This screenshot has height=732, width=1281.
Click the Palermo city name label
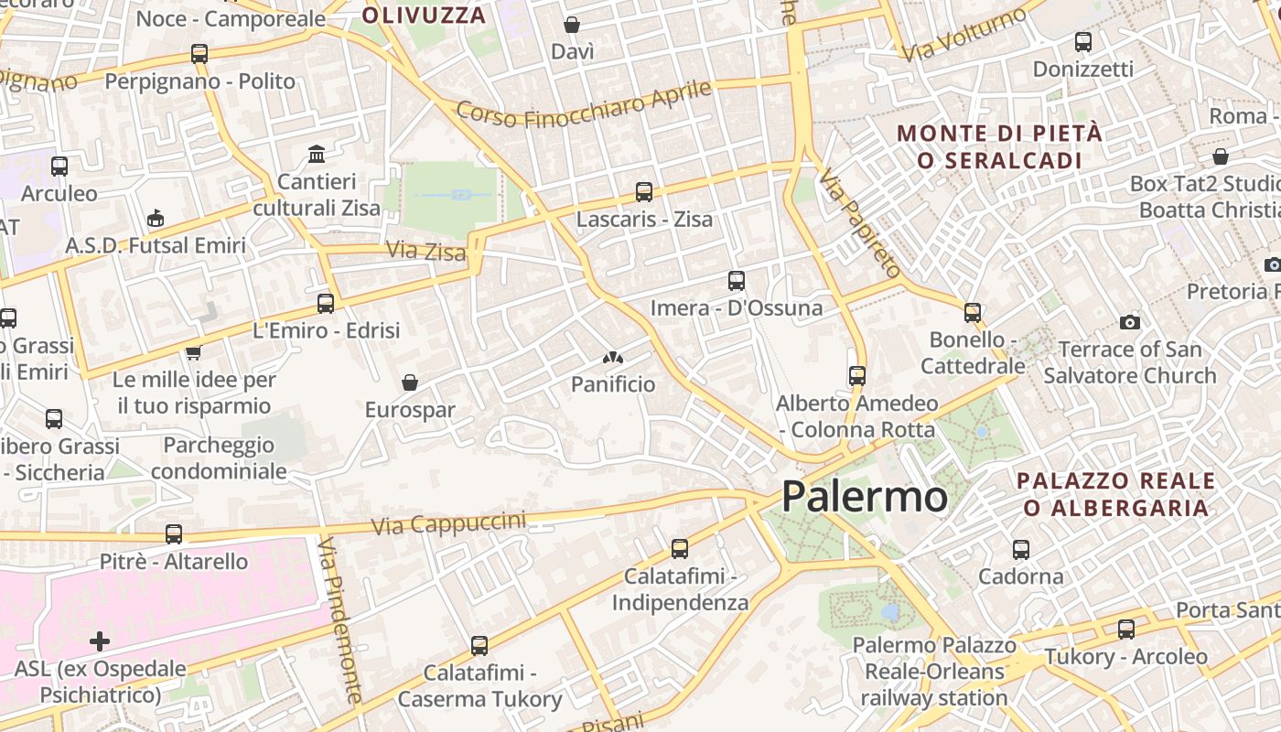coord(865,497)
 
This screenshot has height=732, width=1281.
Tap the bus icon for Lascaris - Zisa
coord(644,192)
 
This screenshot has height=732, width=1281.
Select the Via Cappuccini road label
coord(449,523)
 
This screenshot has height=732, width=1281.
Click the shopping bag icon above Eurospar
coord(410,382)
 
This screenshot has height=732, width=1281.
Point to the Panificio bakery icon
coord(612,358)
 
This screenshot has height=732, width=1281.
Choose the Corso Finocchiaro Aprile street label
coord(584,103)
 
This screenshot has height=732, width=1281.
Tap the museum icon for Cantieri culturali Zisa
coord(317,153)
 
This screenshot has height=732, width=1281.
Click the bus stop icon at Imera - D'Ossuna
coord(737,281)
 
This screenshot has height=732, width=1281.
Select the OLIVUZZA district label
coord(424,16)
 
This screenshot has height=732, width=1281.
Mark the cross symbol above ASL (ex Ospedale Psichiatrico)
coord(100,641)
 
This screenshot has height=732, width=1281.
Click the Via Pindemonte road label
coord(342,619)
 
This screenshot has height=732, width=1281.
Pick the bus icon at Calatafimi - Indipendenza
coord(680,549)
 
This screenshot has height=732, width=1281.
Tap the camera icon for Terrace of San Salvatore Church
coord(1130,322)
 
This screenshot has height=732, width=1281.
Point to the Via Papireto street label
coord(861,222)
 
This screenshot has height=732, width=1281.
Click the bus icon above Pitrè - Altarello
coord(174,534)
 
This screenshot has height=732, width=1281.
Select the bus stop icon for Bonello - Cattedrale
coord(973,313)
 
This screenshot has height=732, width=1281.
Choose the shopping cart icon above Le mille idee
coord(193,352)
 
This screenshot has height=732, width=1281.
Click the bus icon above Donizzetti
coord(1083,42)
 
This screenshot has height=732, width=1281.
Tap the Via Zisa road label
coord(425,250)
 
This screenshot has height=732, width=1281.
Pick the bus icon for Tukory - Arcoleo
coord(1126,630)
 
